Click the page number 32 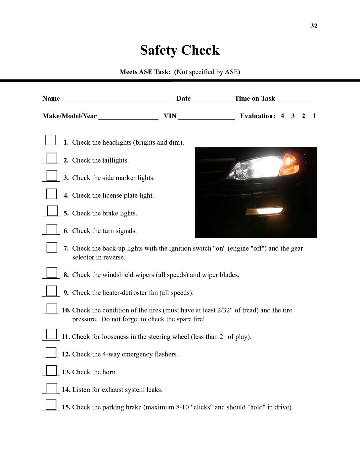point(314,26)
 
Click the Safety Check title point(180,50)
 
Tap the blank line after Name point(116,100)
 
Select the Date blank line point(211,100)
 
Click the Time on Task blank point(294,100)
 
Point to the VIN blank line point(206,117)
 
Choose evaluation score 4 point(282,116)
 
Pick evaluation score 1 point(314,116)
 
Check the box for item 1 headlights point(51,140)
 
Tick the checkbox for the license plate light point(51,194)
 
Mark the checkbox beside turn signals point(52,229)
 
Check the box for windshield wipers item point(52,273)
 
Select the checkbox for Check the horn point(51,370)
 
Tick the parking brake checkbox point(51,405)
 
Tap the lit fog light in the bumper point(265,211)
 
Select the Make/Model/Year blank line point(128,117)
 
